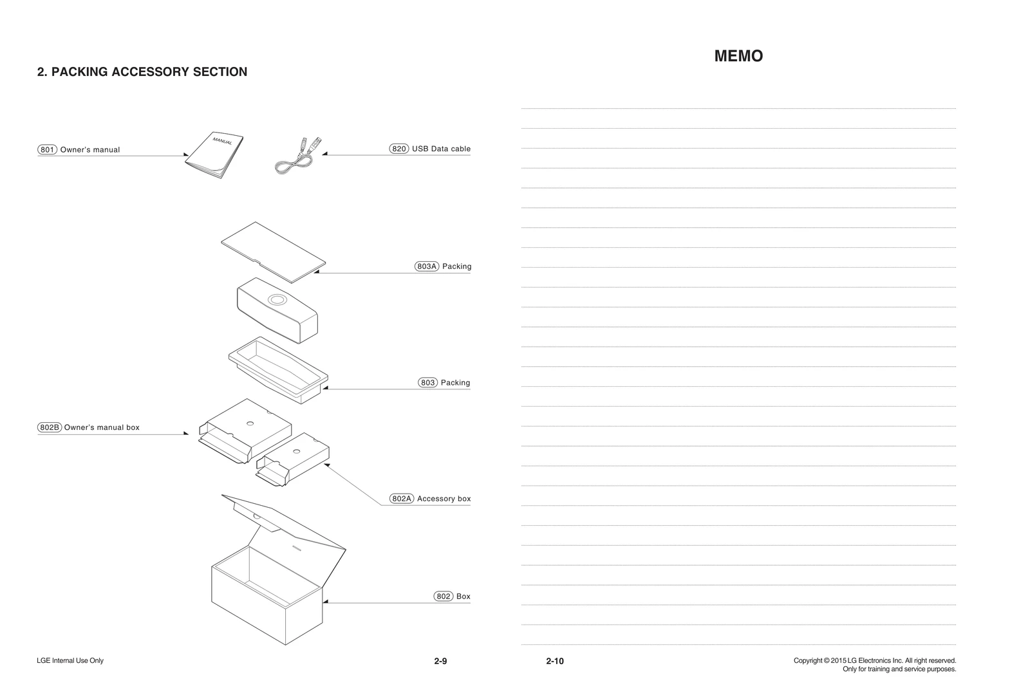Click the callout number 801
tap(48, 150)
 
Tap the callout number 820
tap(399, 149)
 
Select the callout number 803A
tap(427, 266)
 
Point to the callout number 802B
tap(50, 427)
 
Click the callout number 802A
tap(401, 499)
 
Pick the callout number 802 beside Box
tap(444, 597)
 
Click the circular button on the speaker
tap(278, 300)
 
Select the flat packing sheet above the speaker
tap(273, 252)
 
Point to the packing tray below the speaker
tap(278, 368)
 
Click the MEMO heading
tap(738, 56)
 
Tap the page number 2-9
tap(440, 661)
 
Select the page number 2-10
tap(554, 661)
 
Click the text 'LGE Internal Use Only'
tap(70, 661)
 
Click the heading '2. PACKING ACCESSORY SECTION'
tap(142, 72)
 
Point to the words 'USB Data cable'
tap(441, 149)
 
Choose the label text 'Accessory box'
tap(444, 499)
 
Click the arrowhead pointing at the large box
tap(326, 602)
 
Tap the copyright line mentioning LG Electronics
tap(874, 661)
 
